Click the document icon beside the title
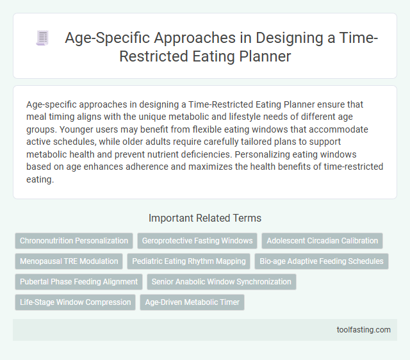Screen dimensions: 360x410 tap(43, 38)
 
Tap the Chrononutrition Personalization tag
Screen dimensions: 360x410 tap(74, 241)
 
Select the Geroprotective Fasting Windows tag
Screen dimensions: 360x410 tap(197, 241)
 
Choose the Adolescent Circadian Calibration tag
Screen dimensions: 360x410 tap(322, 241)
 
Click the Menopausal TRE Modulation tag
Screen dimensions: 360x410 tap(69, 261)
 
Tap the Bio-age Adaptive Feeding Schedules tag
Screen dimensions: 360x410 tap(321, 261)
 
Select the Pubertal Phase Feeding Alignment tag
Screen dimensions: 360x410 tap(79, 282)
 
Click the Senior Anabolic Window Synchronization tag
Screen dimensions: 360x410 tap(221, 282)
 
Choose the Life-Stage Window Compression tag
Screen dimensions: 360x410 tap(75, 302)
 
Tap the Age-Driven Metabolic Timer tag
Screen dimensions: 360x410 tap(192, 302)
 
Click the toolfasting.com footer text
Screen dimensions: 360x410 tap(363, 330)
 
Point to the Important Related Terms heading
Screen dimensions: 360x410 tap(205, 218)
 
